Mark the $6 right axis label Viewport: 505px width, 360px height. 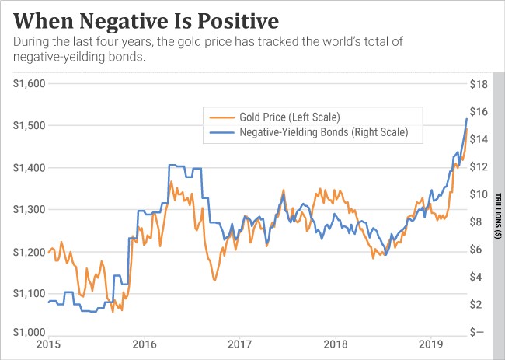coord(478,249)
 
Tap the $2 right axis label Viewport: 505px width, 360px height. coord(478,304)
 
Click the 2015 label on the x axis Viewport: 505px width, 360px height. coord(47,344)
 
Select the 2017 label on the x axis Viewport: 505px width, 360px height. coord(239,344)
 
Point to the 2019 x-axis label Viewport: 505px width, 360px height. coord(430,344)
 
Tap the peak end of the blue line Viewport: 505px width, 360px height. coord(466,118)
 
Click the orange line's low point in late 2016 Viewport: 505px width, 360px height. coord(214,279)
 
